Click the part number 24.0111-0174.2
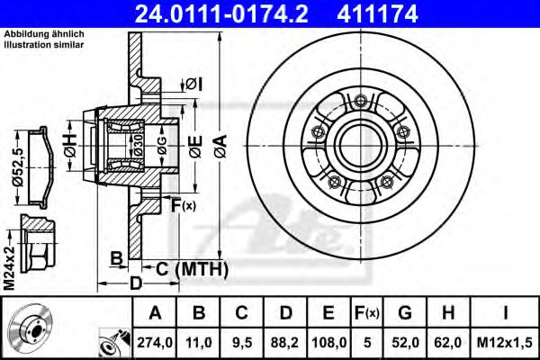[221, 13]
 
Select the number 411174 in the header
[377, 13]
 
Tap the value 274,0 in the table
[155, 342]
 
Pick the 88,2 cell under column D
[284, 342]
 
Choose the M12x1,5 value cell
[505, 342]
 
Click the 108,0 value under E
[328, 342]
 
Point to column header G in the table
[405, 312]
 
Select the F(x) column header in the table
[367, 313]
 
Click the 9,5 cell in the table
[241, 342]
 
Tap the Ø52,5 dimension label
[18, 166]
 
